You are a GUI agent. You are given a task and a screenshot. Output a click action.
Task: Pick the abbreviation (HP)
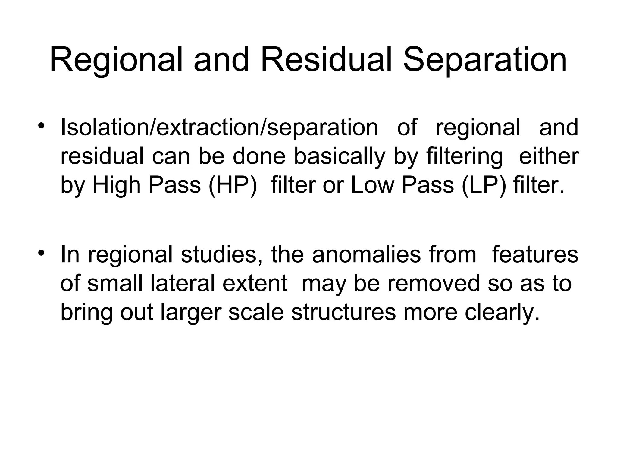tap(233, 185)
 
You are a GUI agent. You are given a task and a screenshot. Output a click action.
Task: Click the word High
tap(116, 185)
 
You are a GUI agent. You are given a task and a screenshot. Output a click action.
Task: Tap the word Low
tap(372, 185)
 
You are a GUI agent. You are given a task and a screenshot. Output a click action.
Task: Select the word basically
tap(340, 156)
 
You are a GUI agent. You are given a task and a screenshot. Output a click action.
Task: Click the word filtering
tap(464, 156)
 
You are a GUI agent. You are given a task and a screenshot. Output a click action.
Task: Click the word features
tap(535, 254)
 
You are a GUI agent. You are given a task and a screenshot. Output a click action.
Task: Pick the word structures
tap(343, 312)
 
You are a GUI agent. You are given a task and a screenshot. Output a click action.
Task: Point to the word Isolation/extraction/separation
tap(219, 128)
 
